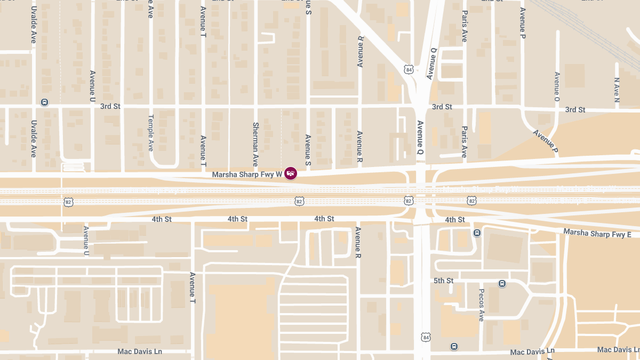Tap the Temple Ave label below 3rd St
pos(151,133)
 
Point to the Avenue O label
pos(557,87)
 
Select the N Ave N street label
pos(617,90)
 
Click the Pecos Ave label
pos(481,305)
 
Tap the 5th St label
pos(443,281)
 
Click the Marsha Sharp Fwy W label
pos(247,174)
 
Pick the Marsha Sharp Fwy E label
pos(597,234)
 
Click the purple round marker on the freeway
pos(291,173)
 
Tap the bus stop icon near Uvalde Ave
pos(45,102)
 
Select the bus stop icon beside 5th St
pos(502,283)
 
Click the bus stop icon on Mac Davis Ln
pos(454,346)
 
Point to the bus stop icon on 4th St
pos(477,233)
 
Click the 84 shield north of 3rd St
pos(409,69)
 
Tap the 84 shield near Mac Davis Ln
pos(425,337)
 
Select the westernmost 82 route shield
pos(68,202)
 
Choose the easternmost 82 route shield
pos(471,201)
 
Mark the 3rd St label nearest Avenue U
pos(110,106)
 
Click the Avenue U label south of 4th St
pos(86,239)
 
